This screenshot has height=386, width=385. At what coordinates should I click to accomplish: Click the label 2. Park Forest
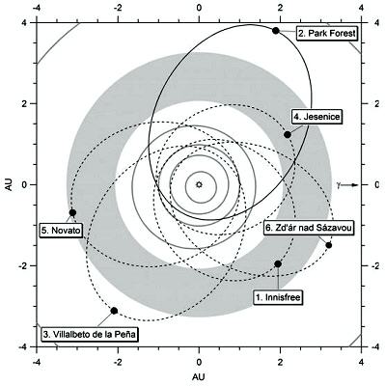pos(327,34)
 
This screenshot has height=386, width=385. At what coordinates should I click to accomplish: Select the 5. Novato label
pos(62,231)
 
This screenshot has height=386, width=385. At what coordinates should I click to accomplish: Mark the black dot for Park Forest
pos(276,31)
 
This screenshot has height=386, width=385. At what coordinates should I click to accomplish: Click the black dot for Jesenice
pos(288,134)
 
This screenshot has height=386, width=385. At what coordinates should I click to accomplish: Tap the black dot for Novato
pos(72,212)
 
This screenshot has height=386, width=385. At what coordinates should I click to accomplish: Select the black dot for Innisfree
pos(278,263)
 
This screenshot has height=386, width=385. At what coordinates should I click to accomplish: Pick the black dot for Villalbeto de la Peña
pos(115,311)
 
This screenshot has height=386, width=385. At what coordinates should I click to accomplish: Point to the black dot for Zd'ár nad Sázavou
pos(329,245)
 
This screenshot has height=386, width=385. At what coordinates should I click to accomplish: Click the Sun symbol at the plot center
pos(199,183)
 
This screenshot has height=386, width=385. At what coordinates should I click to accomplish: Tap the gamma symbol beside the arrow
pos(339,183)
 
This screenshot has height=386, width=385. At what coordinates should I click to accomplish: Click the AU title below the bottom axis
pos(199,375)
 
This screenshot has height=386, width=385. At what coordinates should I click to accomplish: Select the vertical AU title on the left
pos(9,183)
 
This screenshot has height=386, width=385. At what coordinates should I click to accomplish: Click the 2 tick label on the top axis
pos(280,7)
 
